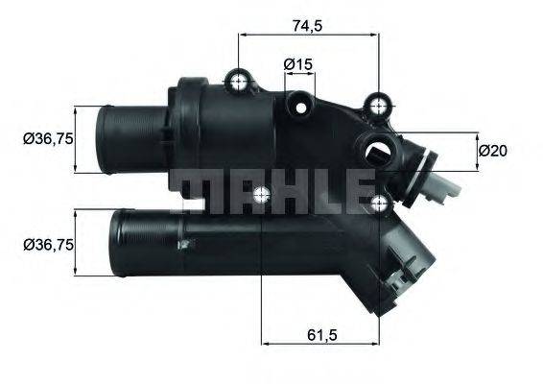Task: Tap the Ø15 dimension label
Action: [299, 64]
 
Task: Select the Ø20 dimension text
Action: [492, 150]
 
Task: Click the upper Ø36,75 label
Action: [47, 140]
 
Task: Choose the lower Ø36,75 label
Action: [47, 245]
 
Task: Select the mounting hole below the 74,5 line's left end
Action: [239, 79]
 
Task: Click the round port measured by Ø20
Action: [376, 150]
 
